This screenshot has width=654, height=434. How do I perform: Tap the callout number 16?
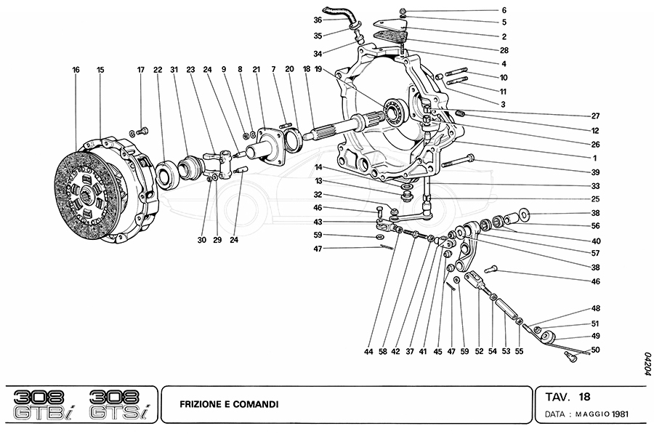click(76, 70)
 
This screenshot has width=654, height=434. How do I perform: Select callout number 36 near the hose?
click(318, 20)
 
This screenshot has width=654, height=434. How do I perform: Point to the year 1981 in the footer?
click(620, 414)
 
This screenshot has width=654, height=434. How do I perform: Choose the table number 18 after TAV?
click(585, 397)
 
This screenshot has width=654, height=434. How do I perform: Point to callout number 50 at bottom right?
click(595, 350)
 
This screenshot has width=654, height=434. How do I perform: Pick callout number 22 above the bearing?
click(157, 70)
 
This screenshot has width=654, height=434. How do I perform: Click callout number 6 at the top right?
click(585, 11)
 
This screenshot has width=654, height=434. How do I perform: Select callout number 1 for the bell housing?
click(594, 158)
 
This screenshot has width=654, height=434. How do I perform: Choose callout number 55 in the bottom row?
click(519, 351)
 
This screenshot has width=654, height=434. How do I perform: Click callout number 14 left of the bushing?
click(318, 168)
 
